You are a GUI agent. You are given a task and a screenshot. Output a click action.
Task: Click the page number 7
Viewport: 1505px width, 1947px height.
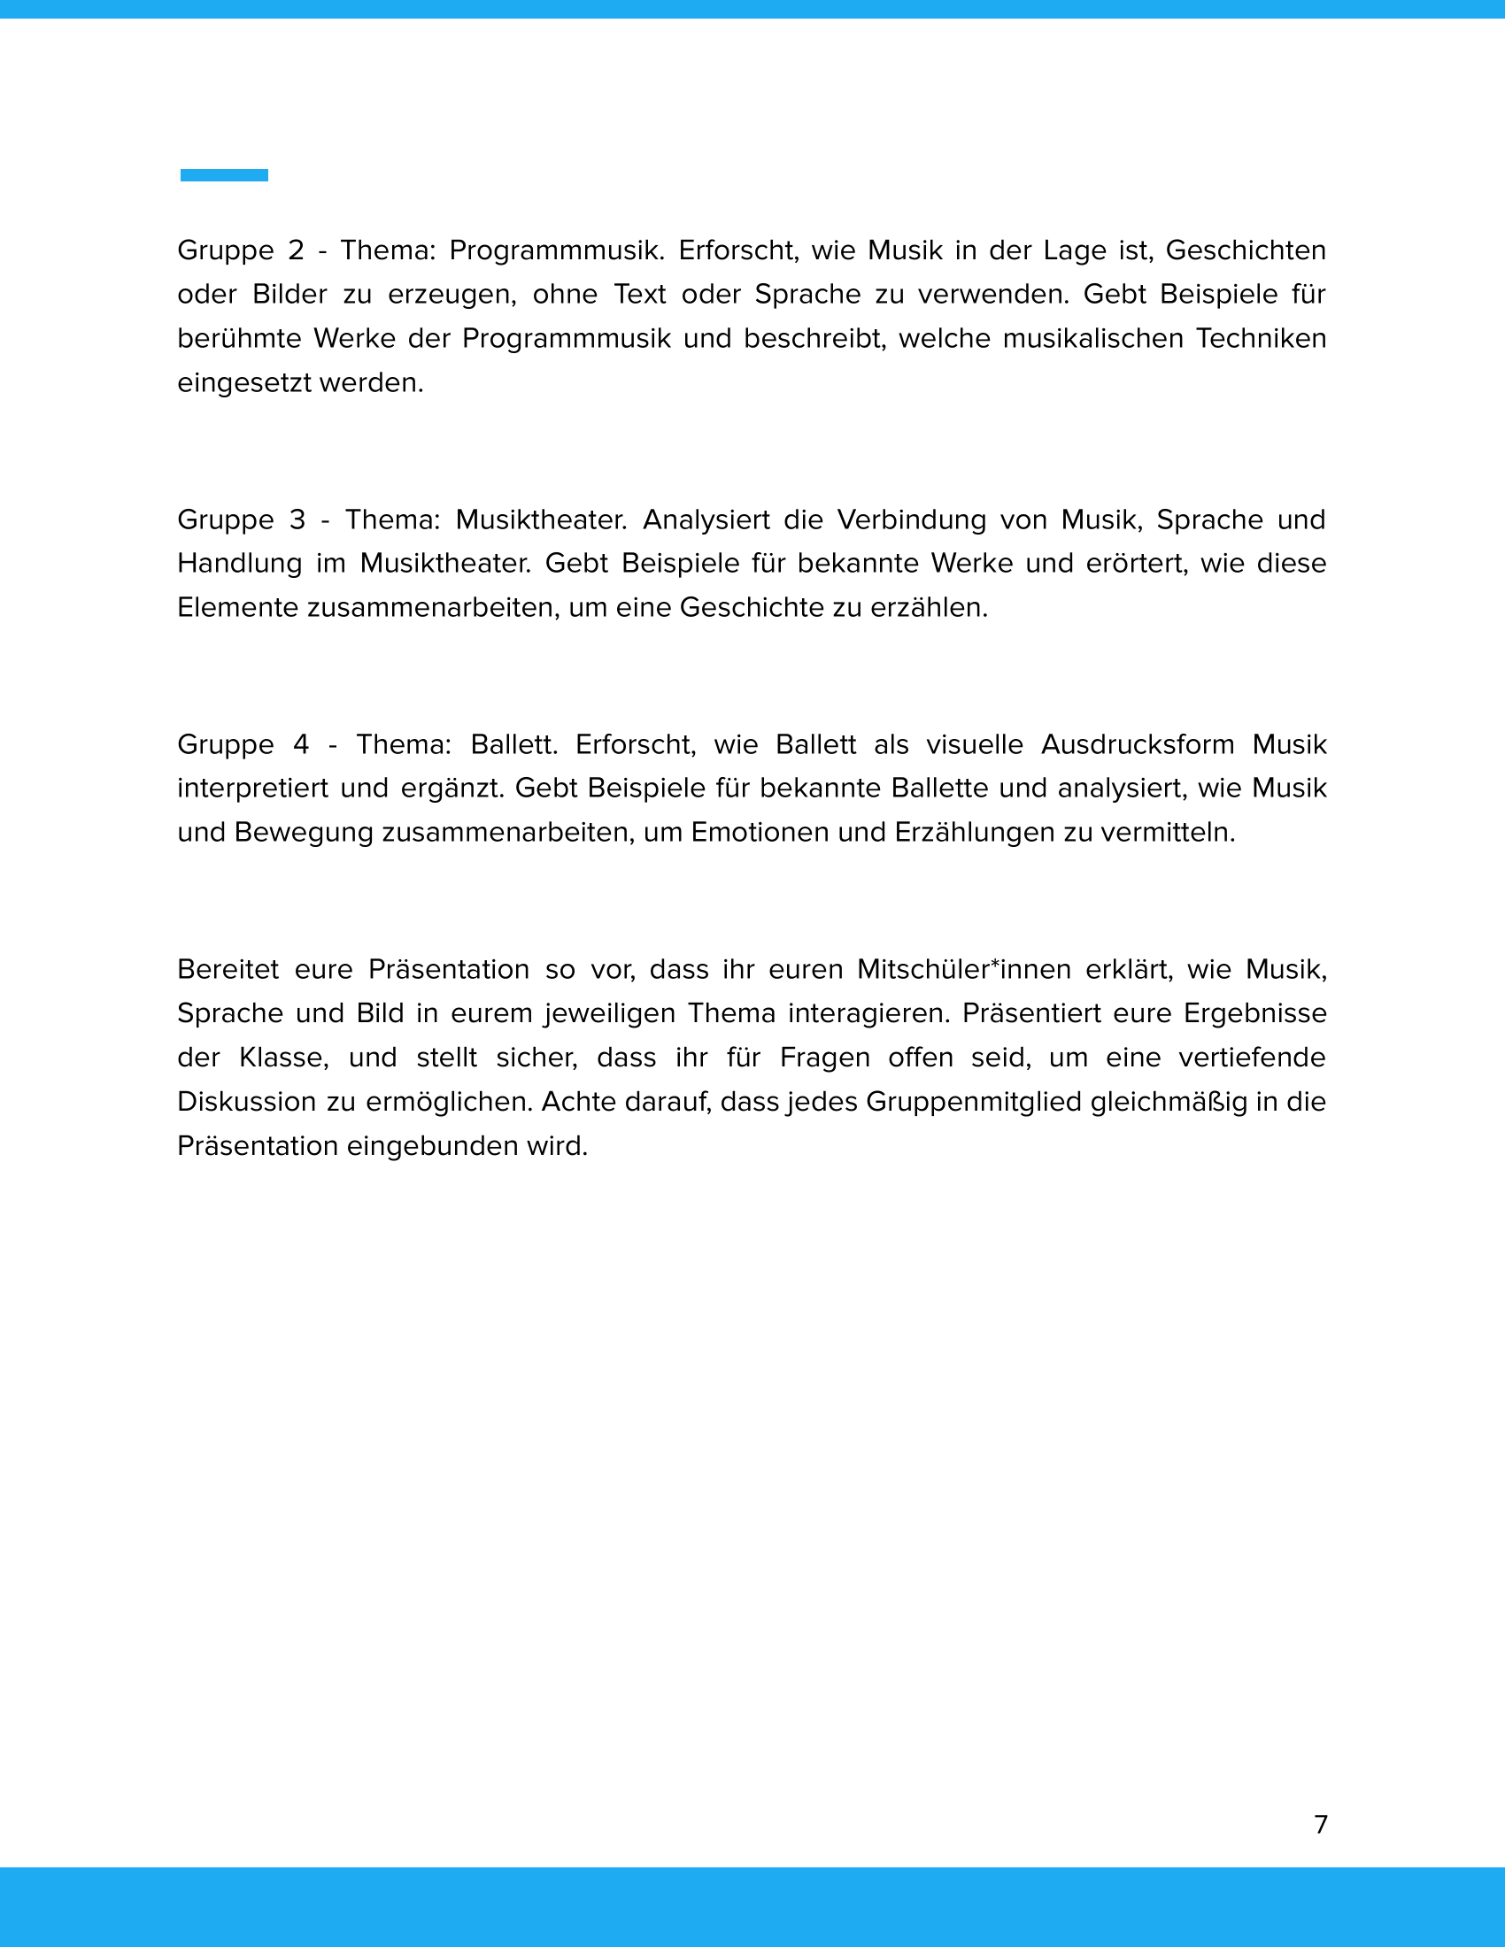tap(1321, 1824)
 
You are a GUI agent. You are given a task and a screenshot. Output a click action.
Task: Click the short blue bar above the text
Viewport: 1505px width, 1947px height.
tap(224, 175)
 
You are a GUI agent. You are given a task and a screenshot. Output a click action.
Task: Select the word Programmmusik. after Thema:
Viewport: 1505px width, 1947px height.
tap(556, 250)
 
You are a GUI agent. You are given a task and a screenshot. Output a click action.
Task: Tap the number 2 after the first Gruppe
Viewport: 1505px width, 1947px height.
tap(296, 250)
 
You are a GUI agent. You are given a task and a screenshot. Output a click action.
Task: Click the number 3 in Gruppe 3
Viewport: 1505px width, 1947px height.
tap(297, 519)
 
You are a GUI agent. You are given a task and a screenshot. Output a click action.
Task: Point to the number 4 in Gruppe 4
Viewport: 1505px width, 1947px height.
tap(301, 744)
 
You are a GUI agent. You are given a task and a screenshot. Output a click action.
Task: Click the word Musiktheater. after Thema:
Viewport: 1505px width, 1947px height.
tap(541, 519)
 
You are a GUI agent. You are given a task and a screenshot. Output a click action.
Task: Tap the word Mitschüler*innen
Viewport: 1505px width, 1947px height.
tap(963, 969)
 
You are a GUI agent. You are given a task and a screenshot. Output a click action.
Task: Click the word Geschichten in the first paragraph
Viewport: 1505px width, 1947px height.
tap(1246, 250)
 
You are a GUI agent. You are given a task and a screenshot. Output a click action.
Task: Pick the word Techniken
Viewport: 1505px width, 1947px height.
tap(1261, 339)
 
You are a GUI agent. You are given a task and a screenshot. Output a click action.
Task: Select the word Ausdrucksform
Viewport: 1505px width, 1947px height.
tap(1138, 744)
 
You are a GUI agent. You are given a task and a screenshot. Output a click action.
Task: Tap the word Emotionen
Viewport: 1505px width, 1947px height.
tap(760, 833)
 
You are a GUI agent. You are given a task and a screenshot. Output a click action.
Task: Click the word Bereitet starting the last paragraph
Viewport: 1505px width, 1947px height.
tap(228, 969)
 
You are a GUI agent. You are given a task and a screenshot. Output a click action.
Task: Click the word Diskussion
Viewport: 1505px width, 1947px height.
tap(246, 1102)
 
